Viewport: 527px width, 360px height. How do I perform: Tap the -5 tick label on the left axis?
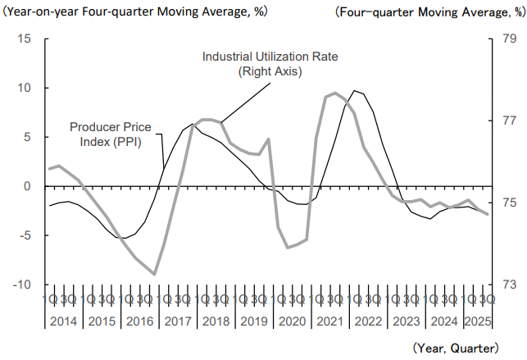tap(26, 235)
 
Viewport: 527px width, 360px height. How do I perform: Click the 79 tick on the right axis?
tap(508, 39)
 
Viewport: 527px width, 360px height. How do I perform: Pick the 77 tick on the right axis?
tap(508, 121)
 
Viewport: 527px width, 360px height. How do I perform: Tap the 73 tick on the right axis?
tap(508, 285)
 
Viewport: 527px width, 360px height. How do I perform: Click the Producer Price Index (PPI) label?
tap(103, 134)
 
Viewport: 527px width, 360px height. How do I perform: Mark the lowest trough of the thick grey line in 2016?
tap(154, 274)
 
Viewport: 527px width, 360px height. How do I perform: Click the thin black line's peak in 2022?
tap(354, 90)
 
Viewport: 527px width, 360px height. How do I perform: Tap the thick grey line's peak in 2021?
tap(334, 93)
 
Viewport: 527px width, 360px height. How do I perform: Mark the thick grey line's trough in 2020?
tap(288, 248)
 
